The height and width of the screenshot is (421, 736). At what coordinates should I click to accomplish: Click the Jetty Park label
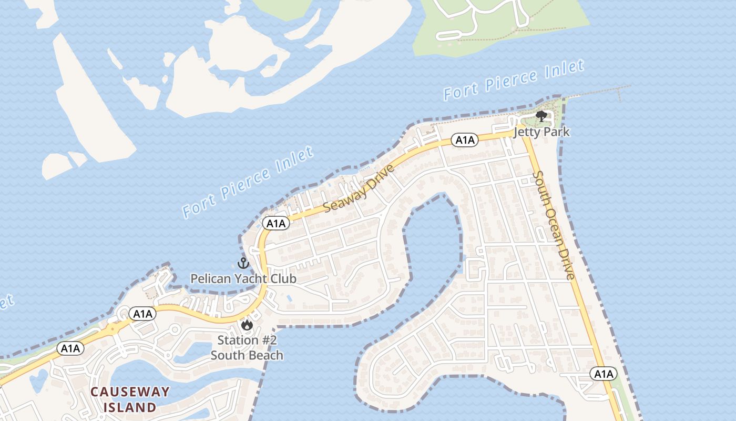541,132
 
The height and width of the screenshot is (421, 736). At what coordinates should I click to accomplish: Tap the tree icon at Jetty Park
541,116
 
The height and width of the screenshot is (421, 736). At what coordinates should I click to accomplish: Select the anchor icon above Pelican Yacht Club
243,263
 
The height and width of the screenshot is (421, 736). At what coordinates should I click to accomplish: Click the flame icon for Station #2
247,325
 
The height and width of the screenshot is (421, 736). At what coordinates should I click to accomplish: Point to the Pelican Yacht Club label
243,278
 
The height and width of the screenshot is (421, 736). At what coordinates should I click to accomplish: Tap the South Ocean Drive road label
554,225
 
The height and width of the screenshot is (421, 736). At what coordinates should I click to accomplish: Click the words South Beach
247,355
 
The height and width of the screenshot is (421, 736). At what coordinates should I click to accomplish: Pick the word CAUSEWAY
130,392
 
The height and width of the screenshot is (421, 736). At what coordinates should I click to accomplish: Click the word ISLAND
130,407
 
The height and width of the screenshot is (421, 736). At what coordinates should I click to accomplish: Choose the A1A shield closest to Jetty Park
465,140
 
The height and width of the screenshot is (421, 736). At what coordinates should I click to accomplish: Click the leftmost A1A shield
70,348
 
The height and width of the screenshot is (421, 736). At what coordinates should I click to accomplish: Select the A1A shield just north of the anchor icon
275,224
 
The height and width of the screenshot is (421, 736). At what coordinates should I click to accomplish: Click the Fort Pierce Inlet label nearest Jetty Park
513,80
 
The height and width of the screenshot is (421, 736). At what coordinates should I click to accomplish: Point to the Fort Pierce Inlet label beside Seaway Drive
248,183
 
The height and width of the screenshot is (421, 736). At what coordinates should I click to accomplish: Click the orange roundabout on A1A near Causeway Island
113,330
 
